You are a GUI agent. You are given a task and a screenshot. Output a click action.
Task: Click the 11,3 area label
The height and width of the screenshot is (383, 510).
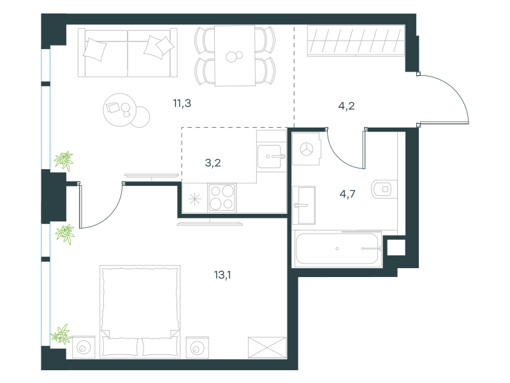pyautogui.click(x=182, y=103)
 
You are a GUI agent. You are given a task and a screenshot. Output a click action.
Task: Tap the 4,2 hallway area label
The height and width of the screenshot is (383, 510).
pyautogui.click(x=346, y=106)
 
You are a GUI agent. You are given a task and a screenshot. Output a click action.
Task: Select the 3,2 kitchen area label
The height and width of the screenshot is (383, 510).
pyautogui.click(x=213, y=163)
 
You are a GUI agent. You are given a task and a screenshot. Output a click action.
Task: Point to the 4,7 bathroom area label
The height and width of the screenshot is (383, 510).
pyautogui.click(x=347, y=195)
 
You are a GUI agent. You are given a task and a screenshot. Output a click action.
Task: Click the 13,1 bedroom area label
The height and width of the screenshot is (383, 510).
pyautogui.click(x=222, y=275)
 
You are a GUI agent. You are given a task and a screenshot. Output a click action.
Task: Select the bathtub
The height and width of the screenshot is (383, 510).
pyautogui.click(x=338, y=248)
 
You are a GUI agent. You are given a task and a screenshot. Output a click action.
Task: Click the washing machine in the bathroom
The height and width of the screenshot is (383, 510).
pyautogui.click(x=307, y=149)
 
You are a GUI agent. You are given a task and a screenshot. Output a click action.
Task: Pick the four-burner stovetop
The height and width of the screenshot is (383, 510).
pyautogui.click(x=222, y=198)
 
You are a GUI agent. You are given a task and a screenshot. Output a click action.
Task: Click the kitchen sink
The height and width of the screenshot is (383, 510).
pyautogui.click(x=269, y=156)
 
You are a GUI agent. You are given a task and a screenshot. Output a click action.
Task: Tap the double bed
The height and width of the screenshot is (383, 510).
pyautogui.click(x=140, y=312)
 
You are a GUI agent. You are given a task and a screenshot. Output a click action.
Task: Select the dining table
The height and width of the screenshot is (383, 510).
pyautogui.click(x=235, y=56)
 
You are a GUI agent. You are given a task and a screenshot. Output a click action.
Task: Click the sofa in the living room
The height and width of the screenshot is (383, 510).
pyautogui.click(x=127, y=53)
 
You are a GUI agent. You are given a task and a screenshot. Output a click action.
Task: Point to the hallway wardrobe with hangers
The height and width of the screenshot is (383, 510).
pyautogui.click(x=356, y=40)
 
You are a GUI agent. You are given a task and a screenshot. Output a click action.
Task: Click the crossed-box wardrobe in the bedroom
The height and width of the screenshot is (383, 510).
pyautogui.click(x=267, y=347)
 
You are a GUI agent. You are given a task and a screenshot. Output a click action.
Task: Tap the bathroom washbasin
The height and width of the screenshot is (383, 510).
pyautogui.click(x=304, y=205)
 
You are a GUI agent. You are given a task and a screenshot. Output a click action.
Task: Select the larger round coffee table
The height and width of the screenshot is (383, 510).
pyautogui.click(x=119, y=110)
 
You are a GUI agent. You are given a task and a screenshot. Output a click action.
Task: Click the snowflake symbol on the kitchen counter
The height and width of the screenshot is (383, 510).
pyautogui.click(x=195, y=199)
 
